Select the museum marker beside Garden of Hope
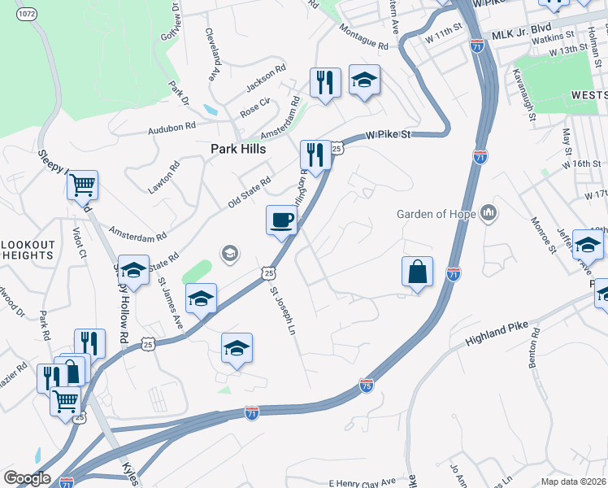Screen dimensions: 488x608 (489, 213)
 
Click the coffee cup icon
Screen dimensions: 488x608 (282, 220)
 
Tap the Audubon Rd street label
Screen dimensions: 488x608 (172, 127)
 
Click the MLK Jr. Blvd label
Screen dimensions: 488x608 (515, 37)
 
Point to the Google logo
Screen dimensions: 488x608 (27, 478)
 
